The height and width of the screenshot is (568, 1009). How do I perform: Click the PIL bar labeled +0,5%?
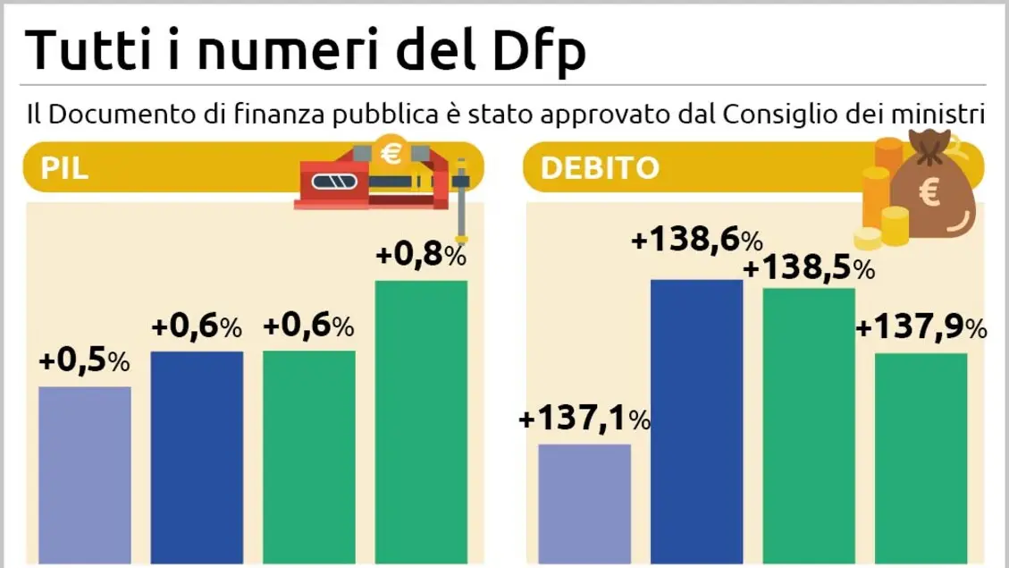[85, 476]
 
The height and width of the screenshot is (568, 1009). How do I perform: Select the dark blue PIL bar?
[197, 458]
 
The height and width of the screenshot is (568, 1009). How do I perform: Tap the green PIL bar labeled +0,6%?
[308, 458]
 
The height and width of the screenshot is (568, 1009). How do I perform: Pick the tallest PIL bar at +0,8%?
[421, 422]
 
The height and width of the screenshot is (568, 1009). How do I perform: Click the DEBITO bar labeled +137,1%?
[585, 505]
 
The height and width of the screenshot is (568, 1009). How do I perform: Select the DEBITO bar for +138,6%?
[697, 422]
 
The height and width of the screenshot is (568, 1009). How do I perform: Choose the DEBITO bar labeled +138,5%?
[809, 427]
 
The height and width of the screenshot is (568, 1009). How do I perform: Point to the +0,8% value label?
[421, 256]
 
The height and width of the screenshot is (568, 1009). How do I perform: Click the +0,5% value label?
[85, 362]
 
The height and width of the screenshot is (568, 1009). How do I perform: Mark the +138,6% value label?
[697, 240]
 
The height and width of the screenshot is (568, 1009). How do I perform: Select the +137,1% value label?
[585, 418]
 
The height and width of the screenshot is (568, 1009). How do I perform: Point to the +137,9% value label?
[921, 328]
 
